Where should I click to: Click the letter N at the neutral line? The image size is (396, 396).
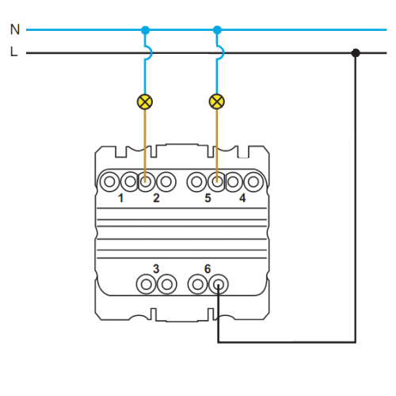[15, 29]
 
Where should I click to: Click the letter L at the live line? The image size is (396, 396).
[13, 51]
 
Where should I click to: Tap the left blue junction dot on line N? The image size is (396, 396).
[145, 30]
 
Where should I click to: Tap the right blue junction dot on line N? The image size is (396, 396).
[217, 30]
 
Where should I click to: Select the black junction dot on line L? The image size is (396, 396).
[356, 53]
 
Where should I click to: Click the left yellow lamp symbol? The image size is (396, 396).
[145, 101]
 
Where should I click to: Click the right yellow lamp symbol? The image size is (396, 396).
[217, 101]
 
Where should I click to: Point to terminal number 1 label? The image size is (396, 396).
[120, 198]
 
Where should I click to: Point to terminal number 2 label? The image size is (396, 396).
[156, 198]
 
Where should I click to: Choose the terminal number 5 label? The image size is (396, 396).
[208, 198]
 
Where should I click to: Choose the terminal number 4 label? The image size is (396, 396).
[242, 198]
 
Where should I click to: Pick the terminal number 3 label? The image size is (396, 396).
[156, 268]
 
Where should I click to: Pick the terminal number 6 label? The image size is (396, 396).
[208, 268]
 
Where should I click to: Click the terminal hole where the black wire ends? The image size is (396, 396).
[219, 284]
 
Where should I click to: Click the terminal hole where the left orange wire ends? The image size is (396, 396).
[145, 181]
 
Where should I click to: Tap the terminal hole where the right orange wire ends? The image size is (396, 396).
[217, 181]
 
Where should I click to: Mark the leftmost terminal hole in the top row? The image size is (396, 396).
[109, 181]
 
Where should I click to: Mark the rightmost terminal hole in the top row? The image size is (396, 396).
[253, 181]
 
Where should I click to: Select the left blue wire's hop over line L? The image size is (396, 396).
[150, 53]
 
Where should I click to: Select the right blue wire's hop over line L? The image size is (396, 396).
[221, 53]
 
